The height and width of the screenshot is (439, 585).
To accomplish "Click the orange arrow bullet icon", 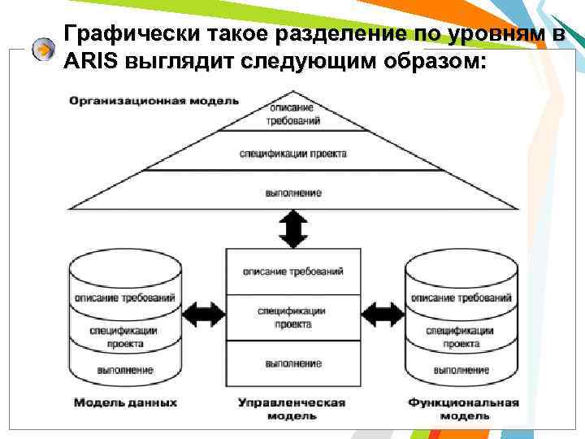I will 42,50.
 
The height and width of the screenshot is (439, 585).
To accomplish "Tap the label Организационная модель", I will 154,101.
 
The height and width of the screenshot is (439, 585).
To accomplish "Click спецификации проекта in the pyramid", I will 292,154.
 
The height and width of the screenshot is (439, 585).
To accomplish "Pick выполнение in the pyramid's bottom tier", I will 292,193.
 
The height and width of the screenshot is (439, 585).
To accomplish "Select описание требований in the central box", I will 292,271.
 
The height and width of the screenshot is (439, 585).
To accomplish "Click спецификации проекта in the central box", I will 292,317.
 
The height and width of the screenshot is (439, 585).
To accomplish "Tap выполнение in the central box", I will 292,363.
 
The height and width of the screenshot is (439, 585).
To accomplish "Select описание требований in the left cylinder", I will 125,298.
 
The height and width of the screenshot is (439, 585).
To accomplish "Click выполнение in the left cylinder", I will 125,370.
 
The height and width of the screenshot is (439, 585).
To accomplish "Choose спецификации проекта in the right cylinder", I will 461,337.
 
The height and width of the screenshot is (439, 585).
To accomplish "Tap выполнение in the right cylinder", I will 461,370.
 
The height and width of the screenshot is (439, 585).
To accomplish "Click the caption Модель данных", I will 125,402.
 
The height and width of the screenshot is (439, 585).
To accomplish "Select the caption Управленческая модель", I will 292,408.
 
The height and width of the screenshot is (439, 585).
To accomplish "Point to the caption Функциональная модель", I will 462,408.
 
